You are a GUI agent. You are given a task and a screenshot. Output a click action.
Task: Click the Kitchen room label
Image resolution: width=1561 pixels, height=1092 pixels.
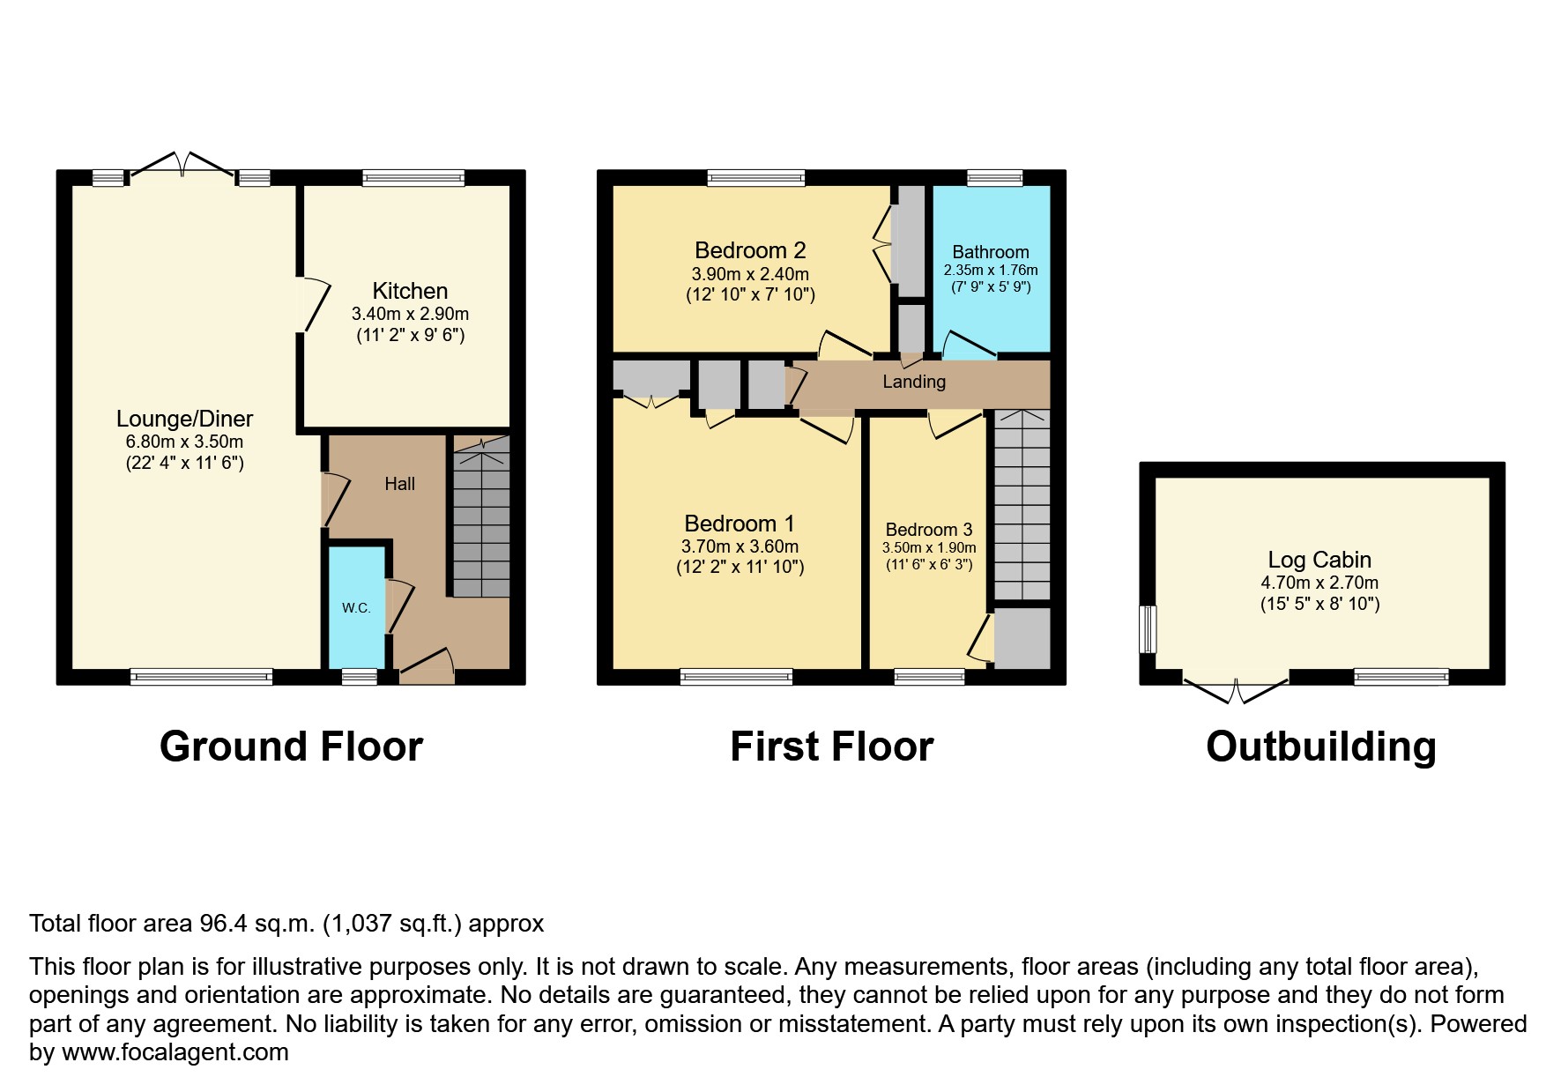point(410,291)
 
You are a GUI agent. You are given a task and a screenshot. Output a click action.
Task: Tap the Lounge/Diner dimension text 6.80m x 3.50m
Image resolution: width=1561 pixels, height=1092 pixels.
point(184,442)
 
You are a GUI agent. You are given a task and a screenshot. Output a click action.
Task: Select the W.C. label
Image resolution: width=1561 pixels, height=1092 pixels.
point(356,608)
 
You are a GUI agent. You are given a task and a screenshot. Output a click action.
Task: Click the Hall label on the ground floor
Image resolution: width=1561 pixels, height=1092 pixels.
point(399,484)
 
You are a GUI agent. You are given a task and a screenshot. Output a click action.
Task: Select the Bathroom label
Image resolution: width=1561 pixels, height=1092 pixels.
point(991,252)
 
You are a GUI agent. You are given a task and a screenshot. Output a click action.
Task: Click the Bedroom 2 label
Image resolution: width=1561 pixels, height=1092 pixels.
point(750,250)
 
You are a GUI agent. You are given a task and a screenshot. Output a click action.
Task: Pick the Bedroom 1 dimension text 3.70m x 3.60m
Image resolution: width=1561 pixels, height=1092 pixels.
point(740,546)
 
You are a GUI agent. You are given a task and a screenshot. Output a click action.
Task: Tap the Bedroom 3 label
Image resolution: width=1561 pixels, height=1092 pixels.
point(929,530)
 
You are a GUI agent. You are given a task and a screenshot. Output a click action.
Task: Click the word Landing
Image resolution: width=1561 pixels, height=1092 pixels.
point(914,382)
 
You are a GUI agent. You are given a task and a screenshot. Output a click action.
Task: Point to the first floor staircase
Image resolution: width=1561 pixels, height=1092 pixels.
point(1022,507)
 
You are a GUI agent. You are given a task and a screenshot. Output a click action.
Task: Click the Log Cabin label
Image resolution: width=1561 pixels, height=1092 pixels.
point(1319,560)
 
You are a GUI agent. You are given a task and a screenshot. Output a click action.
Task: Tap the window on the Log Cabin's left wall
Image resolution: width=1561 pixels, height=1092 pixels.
point(1148,628)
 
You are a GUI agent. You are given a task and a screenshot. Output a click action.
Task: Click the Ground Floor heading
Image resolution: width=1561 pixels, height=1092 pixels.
point(291,747)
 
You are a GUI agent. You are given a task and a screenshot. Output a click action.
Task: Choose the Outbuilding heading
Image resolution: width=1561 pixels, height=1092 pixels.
point(1320,747)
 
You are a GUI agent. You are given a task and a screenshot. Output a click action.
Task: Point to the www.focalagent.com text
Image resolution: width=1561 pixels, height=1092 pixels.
point(175,1052)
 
